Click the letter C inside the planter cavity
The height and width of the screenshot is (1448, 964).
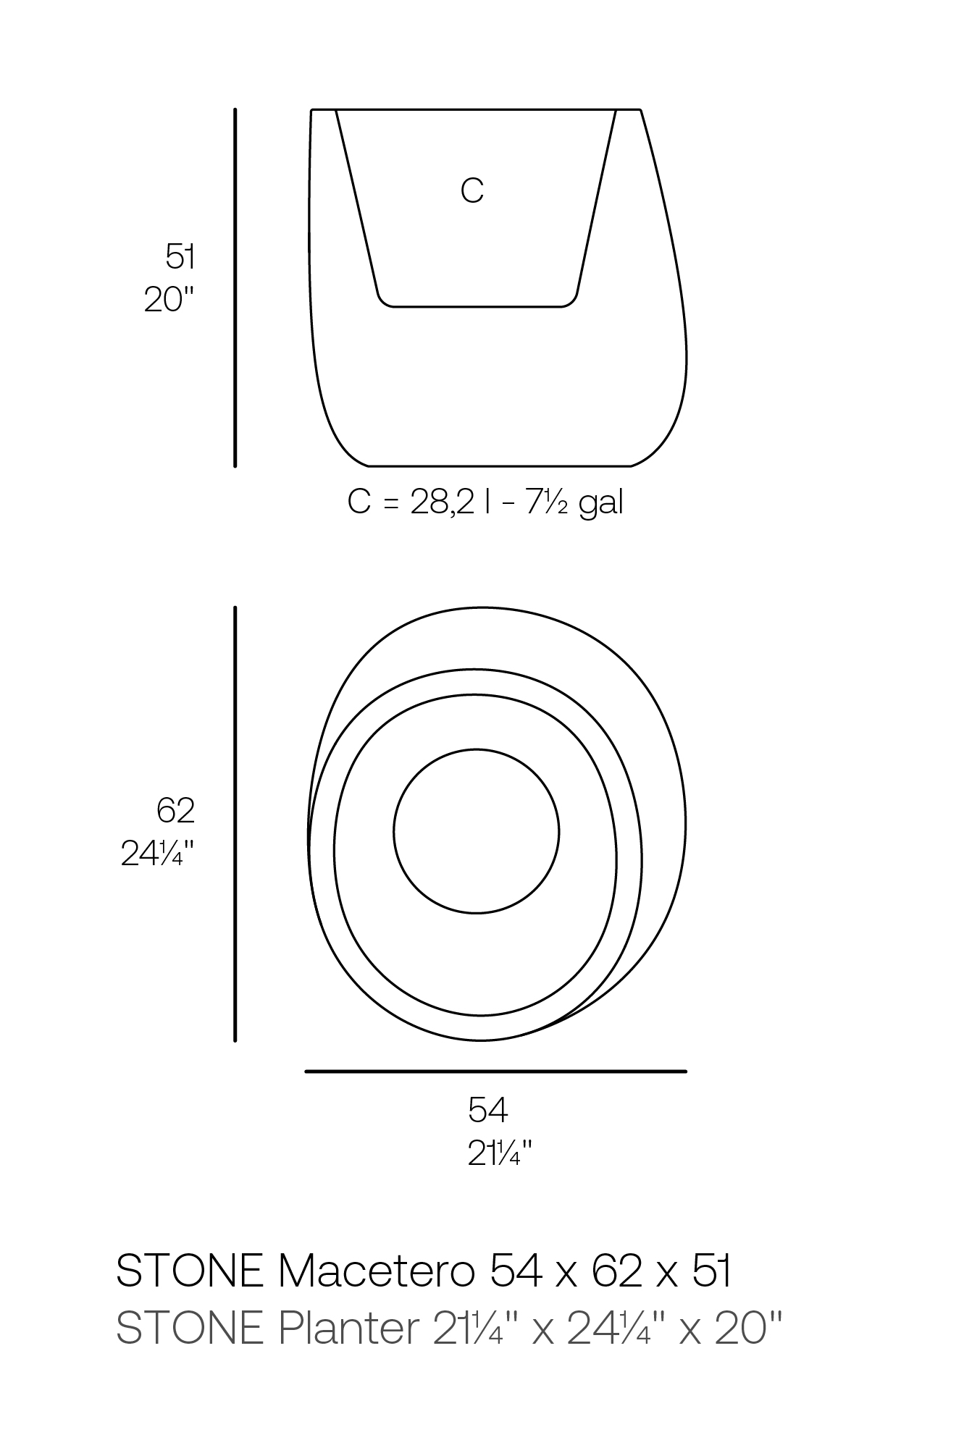tap(472, 190)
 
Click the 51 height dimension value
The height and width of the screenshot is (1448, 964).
tap(180, 256)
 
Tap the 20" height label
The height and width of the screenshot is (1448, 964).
tap(170, 300)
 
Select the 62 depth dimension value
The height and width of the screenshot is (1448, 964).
tap(176, 810)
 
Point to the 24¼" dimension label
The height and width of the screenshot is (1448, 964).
tap(158, 854)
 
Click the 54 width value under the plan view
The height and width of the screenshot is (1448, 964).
tap(488, 1110)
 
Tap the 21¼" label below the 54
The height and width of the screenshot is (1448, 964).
tap(500, 1153)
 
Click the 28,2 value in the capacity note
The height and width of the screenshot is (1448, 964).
tap(443, 502)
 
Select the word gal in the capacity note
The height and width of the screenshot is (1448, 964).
tap(601, 502)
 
